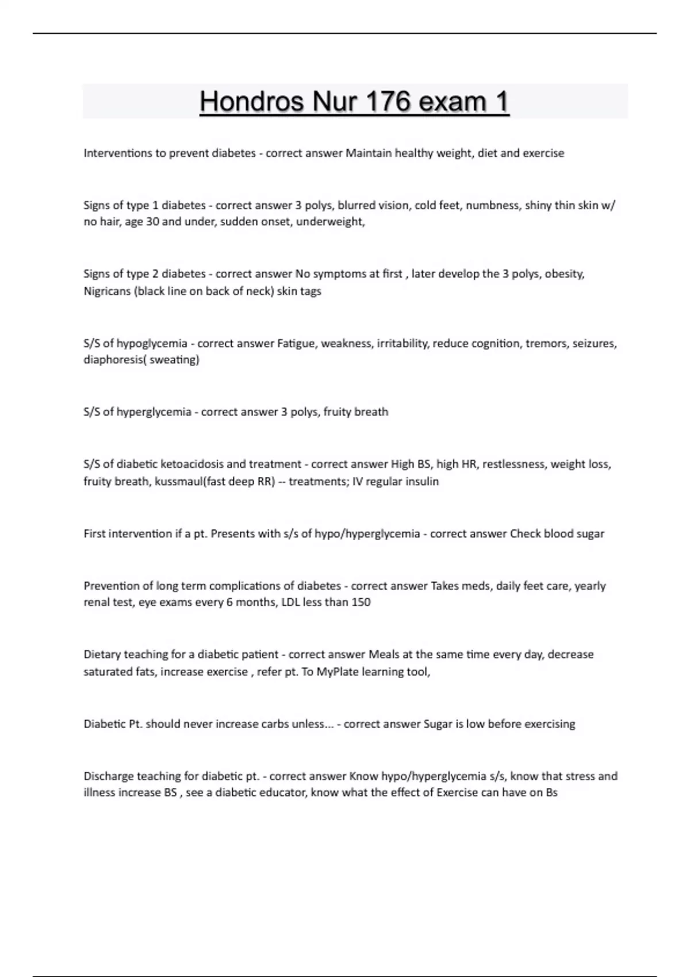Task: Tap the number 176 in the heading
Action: click(x=385, y=102)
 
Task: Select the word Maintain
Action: click(x=369, y=153)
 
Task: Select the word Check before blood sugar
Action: click(x=525, y=534)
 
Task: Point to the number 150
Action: click(x=361, y=602)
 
